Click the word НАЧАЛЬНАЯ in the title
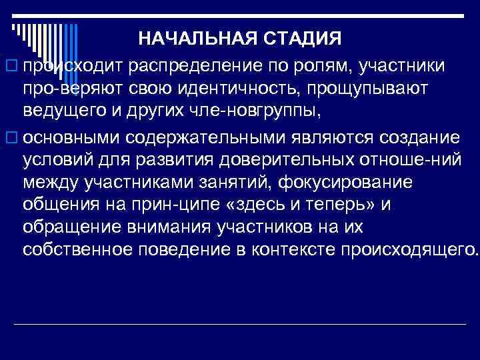point(192,39)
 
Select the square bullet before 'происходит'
point(9,67)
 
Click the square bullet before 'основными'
point(9,138)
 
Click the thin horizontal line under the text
point(240,324)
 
